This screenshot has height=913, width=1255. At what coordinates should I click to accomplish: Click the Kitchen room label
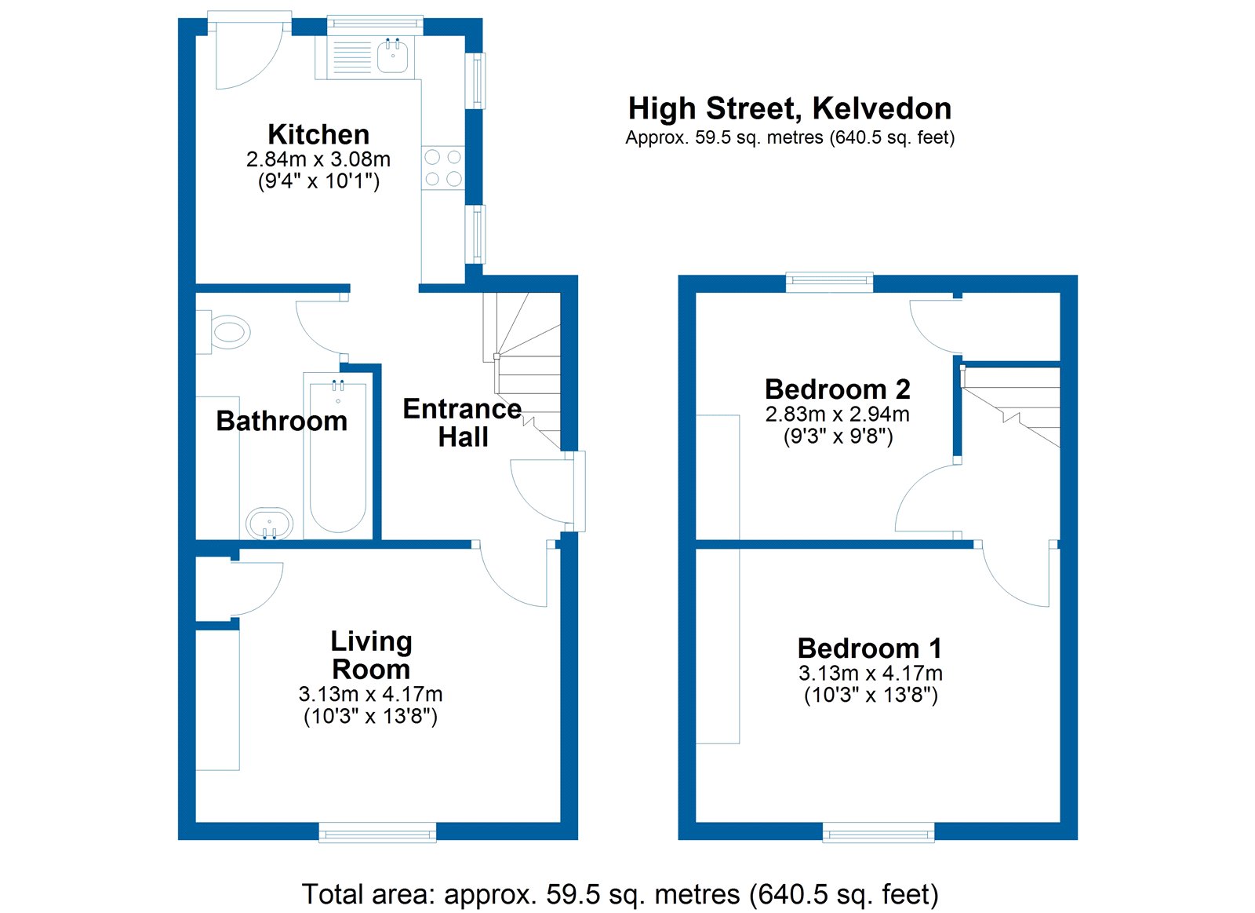click(318, 134)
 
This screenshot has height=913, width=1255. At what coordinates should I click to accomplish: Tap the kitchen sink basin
click(392, 57)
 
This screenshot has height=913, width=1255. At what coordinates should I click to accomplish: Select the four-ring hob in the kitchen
click(443, 168)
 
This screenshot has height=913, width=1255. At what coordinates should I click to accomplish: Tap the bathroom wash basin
click(269, 524)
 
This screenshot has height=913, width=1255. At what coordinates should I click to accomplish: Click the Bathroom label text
click(281, 421)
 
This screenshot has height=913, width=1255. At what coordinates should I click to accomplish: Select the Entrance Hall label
click(462, 422)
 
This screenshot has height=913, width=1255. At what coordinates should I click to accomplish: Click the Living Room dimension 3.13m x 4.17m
click(370, 694)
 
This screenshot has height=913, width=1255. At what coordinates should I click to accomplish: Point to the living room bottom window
click(377, 832)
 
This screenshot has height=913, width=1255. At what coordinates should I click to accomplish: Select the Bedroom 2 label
click(837, 389)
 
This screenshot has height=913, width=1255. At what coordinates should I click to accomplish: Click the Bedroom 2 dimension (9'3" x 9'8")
click(838, 436)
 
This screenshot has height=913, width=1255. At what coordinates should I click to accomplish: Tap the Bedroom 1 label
click(869, 648)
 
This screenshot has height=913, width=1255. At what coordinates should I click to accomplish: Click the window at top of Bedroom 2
click(829, 282)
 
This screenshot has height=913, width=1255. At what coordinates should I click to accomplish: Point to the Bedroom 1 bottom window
click(878, 832)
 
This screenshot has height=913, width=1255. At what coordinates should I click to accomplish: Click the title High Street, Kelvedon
click(789, 108)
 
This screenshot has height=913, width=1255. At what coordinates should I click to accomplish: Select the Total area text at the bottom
click(620, 894)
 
